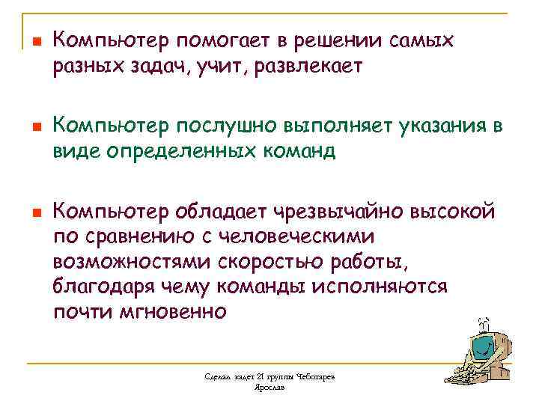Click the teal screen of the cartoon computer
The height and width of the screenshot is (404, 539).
click(x=482, y=348)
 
